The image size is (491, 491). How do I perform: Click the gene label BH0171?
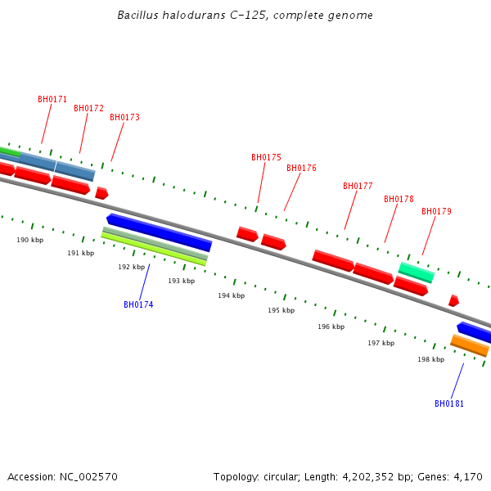point(52,100)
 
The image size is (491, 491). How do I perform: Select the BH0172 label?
point(88,109)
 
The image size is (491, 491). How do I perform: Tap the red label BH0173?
point(124,118)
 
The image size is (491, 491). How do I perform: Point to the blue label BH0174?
point(138,305)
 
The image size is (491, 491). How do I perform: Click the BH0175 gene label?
point(266,158)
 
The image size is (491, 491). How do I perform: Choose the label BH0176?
point(301,169)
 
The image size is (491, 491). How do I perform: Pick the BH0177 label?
point(358,187)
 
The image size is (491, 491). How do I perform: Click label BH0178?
point(399,200)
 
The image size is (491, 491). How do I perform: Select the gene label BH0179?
point(436,212)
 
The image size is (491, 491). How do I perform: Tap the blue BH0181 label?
point(449,404)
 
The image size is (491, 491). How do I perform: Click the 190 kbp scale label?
point(30,241)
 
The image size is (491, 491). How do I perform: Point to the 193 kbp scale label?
point(182,282)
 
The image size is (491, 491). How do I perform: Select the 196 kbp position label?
point(331,327)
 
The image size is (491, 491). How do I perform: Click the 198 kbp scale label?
point(431,360)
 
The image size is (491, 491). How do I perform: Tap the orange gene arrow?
point(470,346)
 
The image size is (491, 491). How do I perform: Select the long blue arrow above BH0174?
point(160,232)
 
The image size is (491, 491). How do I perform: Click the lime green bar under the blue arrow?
point(154,249)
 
